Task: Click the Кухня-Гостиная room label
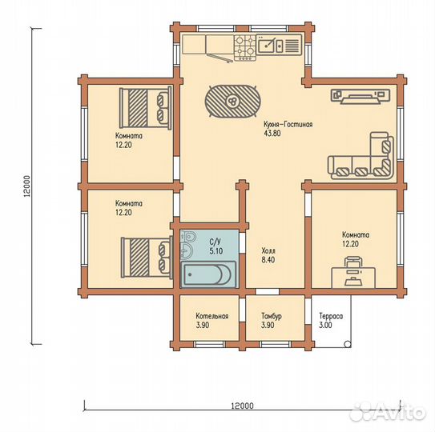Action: coord(288,125)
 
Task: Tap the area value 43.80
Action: coord(272,134)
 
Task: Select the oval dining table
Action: coord(233,101)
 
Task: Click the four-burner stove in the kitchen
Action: coord(244,48)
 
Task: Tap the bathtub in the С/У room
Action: coord(208,274)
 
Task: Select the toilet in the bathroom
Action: coord(188,236)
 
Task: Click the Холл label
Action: coord(268,250)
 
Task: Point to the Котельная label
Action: coord(212,316)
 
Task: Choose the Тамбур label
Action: coord(272,316)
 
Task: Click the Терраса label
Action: coord(331,316)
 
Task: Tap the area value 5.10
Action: coord(216,251)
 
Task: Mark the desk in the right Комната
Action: coord(353,278)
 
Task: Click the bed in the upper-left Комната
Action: coord(145,107)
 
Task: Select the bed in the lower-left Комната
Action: coord(147,257)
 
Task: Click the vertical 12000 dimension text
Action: coord(26,186)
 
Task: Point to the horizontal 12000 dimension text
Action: coord(242,406)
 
